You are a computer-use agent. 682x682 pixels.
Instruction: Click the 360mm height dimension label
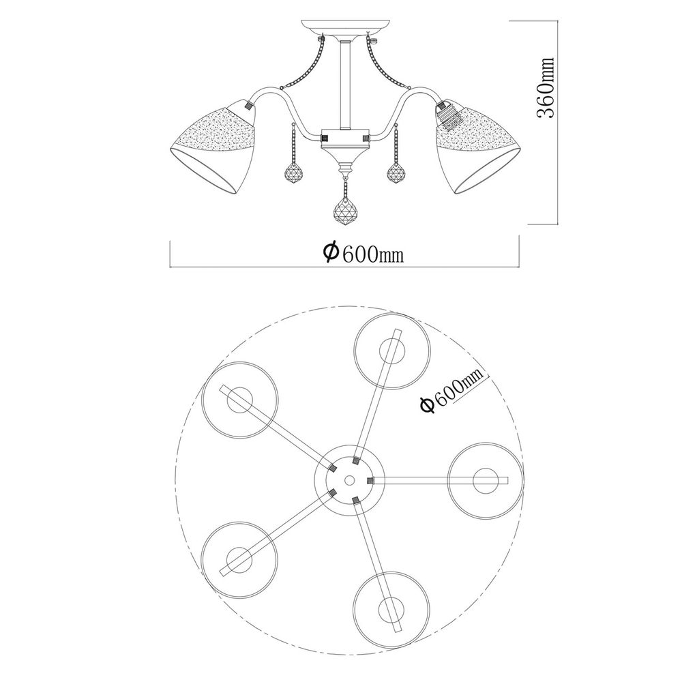pos(546,88)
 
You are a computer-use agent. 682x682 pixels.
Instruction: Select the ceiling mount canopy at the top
pos(344,27)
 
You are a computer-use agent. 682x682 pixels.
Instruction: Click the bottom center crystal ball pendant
pos(345,211)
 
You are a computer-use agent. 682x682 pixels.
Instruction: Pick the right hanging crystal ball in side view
pos(397,173)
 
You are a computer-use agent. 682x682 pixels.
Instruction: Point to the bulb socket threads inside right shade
pos(448,115)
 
